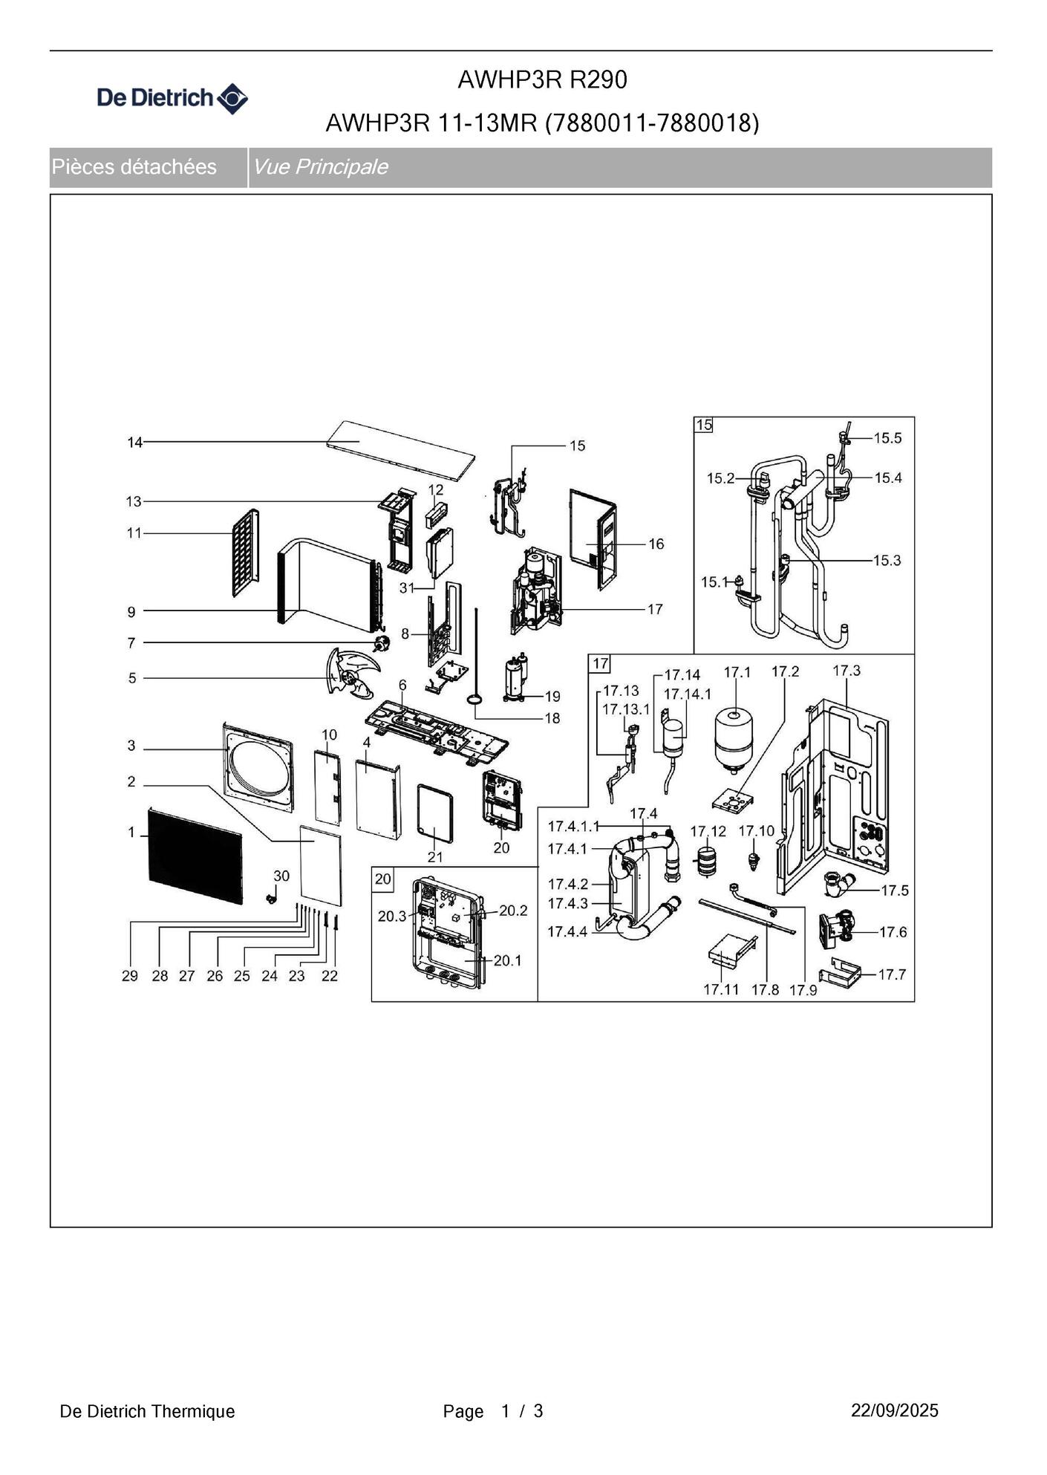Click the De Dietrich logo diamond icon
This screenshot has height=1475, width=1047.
pos(232,99)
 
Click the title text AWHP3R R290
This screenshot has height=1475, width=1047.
pos(542,79)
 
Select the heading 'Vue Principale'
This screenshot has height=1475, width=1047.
pos(320,166)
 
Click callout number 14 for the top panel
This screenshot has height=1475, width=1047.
pos(134,443)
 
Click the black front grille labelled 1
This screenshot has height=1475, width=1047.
pos(195,856)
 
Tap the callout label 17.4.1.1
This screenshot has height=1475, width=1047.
pos(573,827)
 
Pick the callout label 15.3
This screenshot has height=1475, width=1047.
pos(887,560)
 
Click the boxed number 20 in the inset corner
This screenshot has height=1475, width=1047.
pos(382,879)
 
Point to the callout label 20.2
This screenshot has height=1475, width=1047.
pos(513,911)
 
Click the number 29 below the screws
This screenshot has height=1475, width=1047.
pos(130,976)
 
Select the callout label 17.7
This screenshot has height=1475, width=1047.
pos(892,974)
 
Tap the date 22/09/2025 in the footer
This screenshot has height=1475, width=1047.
pos(895,1410)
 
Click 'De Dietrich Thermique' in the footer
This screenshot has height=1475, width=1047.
pos(147,1411)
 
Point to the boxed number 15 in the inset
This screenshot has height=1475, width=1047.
pos(703,425)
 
